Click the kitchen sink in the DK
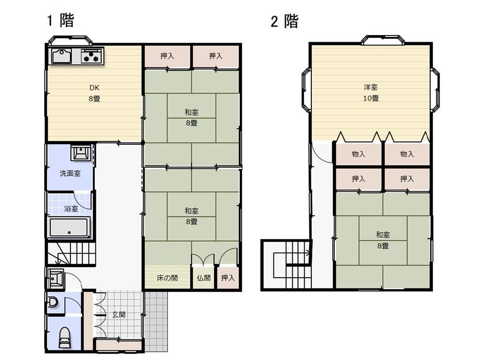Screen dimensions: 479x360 click(x=62, y=56)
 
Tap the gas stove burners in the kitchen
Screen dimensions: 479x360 click(x=91, y=56)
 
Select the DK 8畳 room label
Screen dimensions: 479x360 click(x=94, y=93)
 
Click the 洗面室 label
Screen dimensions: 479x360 click(x=70, y=173)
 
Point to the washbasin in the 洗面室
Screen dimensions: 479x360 click(x=80, y=152)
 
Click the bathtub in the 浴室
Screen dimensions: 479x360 click(x=69, y=227)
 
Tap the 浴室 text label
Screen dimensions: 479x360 click(x=71, y=209)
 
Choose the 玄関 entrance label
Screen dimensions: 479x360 click(x=119, y=314)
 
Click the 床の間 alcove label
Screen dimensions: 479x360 click(x=167, y=278)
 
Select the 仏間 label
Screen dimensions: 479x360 click(x=204, y=278)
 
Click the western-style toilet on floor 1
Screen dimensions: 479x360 click(x=65, y=337)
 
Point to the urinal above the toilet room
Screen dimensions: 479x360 click(x=53, y=302)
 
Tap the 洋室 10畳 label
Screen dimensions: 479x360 click(x=371, y=93)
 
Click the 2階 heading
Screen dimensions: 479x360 click(x=285, y=22)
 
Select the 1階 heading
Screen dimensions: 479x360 click(x=60, y=20)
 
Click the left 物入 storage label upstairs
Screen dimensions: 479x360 click(x=358, y=154)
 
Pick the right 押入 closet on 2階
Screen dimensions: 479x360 click(x=407, y=178)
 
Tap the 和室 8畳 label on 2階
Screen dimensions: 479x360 click(x=383, y=240)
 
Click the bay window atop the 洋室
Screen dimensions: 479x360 click(x=383, y=40)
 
